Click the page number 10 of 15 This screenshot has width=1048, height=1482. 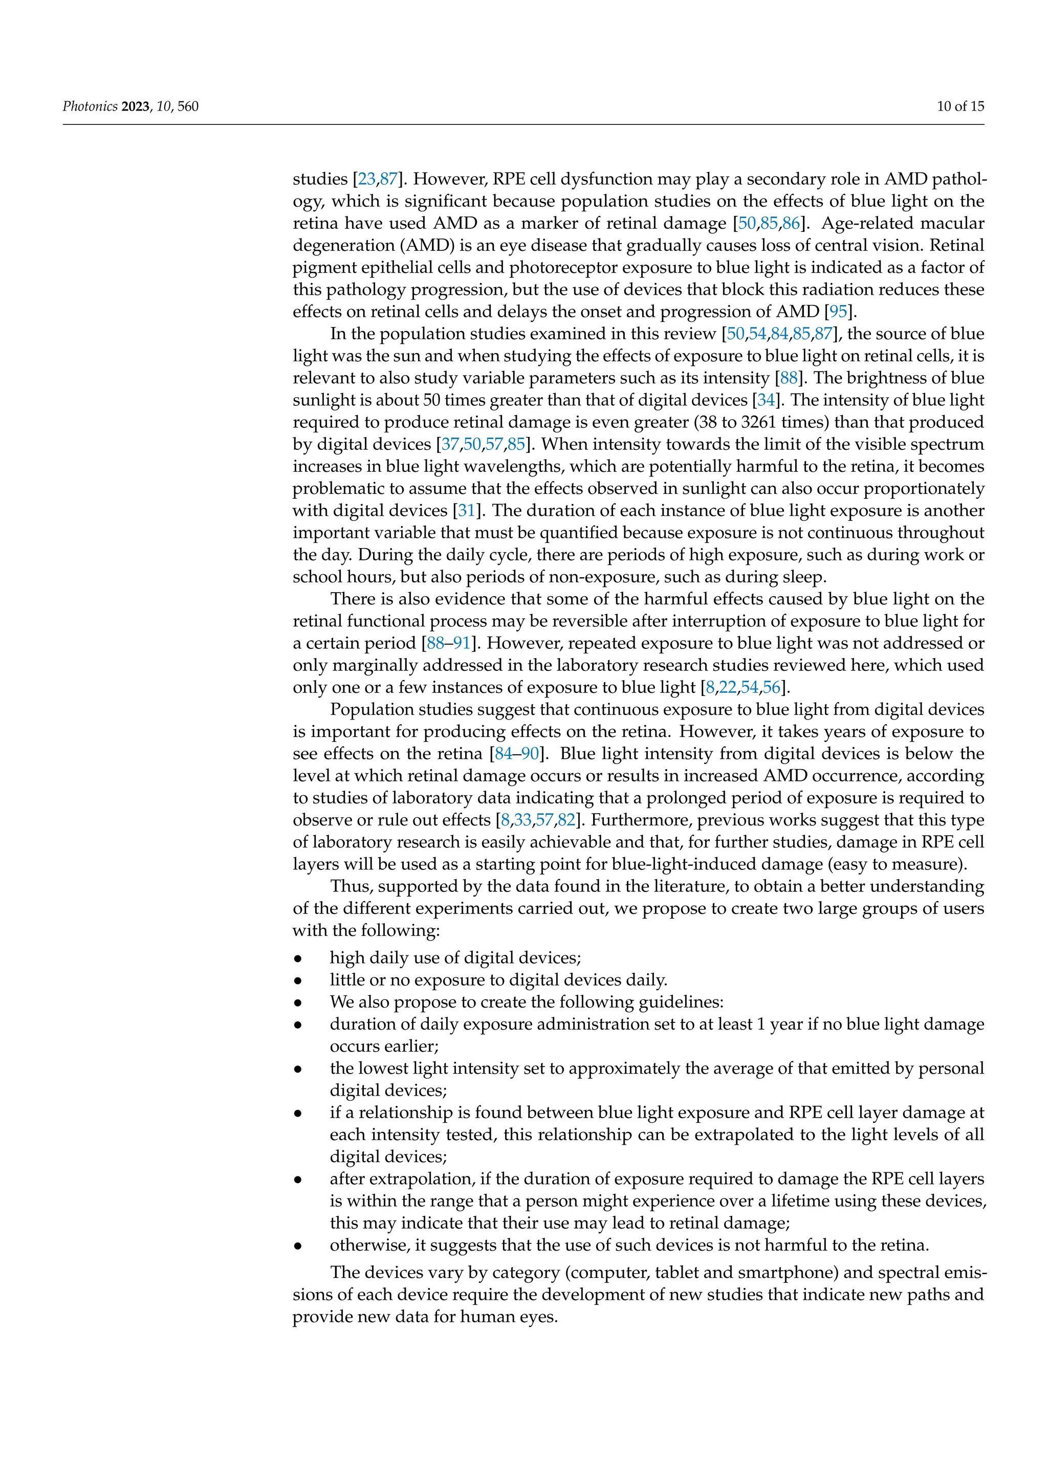point(960,106)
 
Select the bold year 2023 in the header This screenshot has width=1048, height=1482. point(136,106)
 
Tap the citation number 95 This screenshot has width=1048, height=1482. point(838,312)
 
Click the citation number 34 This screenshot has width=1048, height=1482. point(766,400)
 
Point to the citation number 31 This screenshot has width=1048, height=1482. point(467,511)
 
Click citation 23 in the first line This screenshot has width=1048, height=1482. point(366,180)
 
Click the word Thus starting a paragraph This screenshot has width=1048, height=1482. point(347,887)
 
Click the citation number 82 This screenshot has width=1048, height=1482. point(566,820)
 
